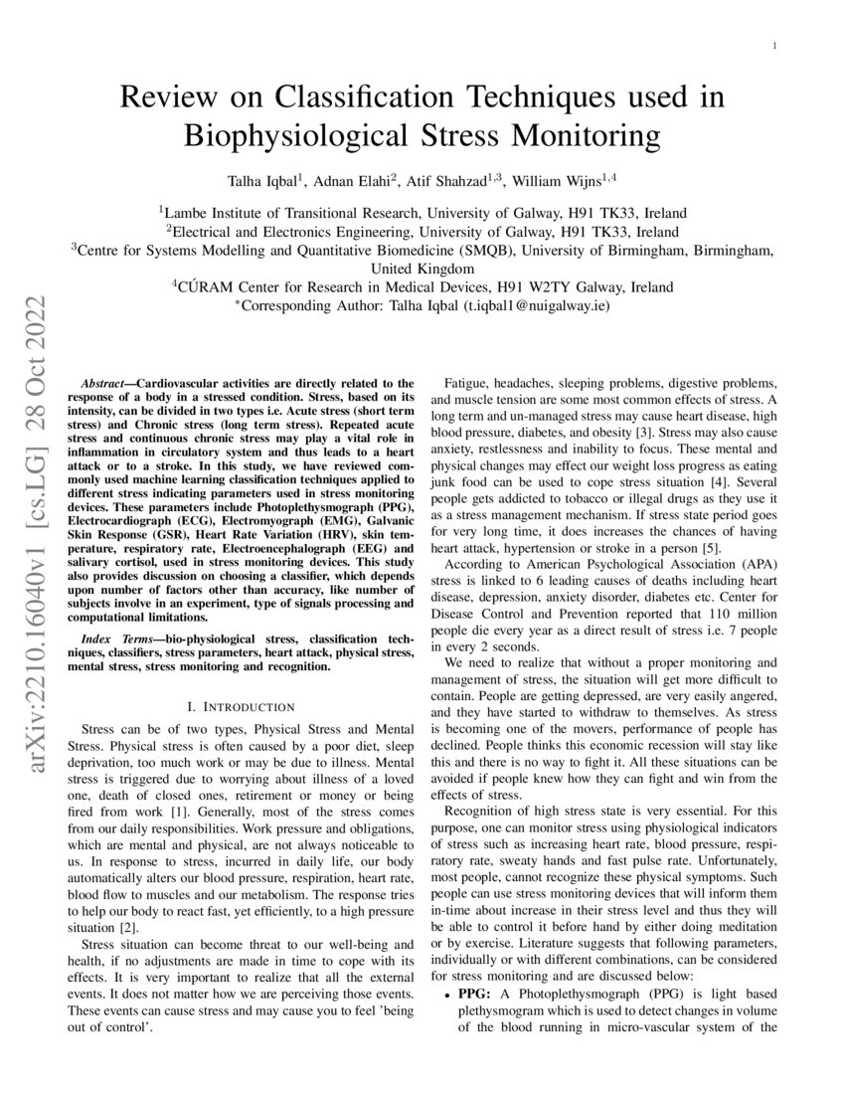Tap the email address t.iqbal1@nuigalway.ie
(x=537, y=306)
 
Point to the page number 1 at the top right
(x=774, y=46)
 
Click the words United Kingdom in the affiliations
(x=422, y=269)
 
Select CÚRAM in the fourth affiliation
(x=207, y=287)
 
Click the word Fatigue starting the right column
(x=467, y=383)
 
